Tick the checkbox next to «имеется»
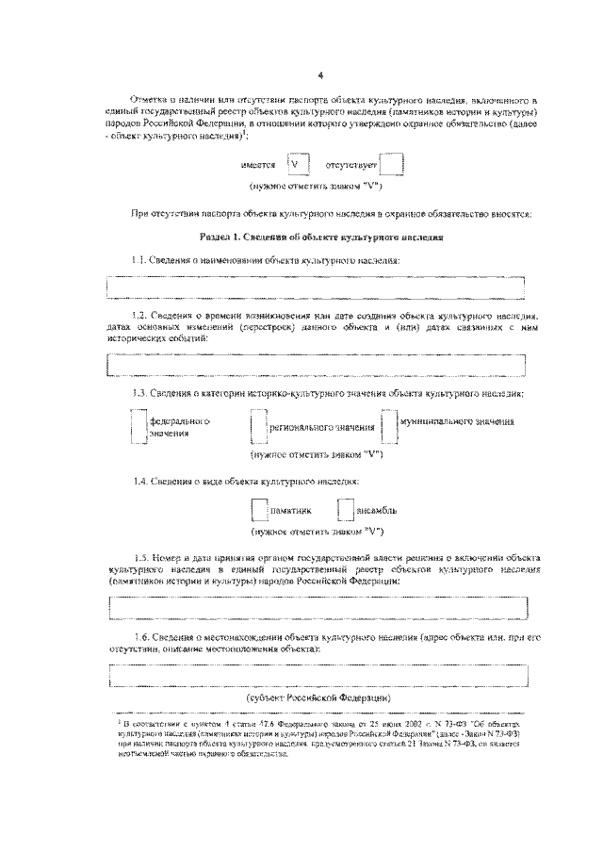click(299, 166)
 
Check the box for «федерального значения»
click(139, 426)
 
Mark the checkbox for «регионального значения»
click(258, 427)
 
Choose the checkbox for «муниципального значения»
click(388, 426)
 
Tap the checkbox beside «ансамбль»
click(344, 510)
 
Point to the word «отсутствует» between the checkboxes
click(350, 166)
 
